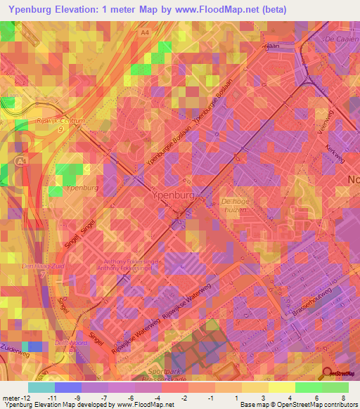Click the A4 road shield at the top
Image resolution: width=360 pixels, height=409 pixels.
[x=145, y=32]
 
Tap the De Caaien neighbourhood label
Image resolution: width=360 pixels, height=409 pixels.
[x=340, y=39]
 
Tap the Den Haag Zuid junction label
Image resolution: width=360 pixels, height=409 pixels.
[x=44, y=266]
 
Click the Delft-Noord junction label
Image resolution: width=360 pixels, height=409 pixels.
[x=74, y=342]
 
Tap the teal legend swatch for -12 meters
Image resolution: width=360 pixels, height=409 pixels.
[x=40, y=387]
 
